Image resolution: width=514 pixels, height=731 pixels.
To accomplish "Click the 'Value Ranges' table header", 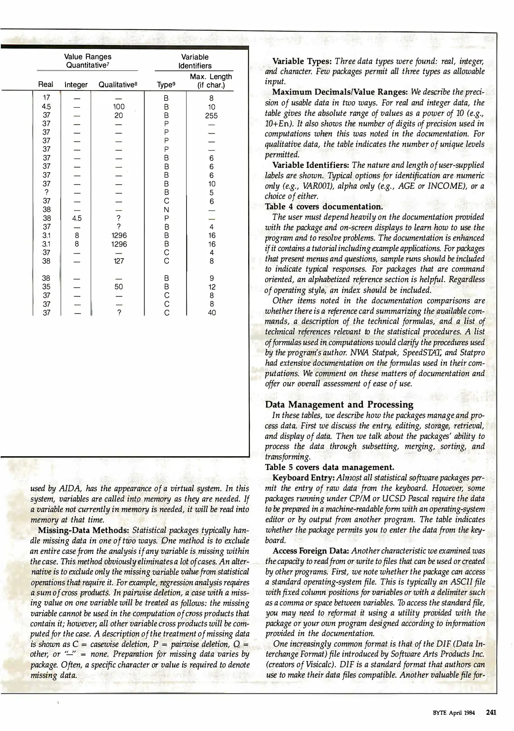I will (87, 57).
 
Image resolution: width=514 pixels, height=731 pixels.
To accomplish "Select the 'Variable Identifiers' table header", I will (195, 61).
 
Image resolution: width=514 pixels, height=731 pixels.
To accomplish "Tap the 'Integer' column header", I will (76, 85).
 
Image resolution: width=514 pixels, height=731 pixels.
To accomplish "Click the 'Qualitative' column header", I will (117, 85).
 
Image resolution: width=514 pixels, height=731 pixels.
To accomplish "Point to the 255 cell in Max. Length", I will (211, 116).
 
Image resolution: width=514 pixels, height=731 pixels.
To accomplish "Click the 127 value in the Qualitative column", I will (119, 261).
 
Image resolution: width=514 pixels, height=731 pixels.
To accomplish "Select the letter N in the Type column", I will (166, 210).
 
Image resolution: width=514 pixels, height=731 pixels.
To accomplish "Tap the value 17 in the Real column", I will (46, 98).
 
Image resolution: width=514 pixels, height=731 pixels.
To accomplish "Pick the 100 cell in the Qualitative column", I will (119, 107).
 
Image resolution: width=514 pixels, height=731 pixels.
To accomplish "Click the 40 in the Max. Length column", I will (212, 313).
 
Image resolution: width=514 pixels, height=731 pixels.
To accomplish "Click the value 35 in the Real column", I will (46, 287).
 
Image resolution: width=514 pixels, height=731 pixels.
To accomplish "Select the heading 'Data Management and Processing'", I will (339, 404).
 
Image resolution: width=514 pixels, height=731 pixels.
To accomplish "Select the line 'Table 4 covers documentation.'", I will (324, 206).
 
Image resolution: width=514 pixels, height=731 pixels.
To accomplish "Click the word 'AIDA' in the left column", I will (69, 489).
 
